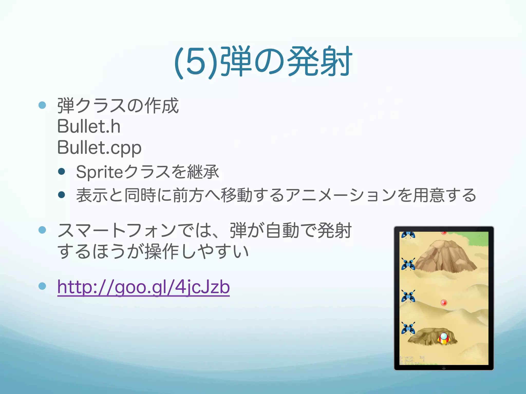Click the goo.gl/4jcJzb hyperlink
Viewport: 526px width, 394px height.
tap(143, 287)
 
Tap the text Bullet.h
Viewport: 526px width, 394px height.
tap(89, 126)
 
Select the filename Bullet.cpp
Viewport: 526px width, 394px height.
tap(99, 148)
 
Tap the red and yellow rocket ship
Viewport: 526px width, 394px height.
tap(444, 338)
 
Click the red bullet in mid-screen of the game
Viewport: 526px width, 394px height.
tap(444, 303)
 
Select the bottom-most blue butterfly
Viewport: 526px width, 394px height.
tap(408, 328)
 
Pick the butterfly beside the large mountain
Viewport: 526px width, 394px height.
tap(408, 264)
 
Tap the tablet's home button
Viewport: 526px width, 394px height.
tap(444, 368)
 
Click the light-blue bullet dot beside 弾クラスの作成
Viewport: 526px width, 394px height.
tap(42, 105)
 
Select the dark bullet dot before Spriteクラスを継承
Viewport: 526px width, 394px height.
tap(61, 171)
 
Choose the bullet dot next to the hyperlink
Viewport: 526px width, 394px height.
tap(42, 286)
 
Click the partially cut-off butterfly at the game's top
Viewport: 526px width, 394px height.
tap(408, 234)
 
